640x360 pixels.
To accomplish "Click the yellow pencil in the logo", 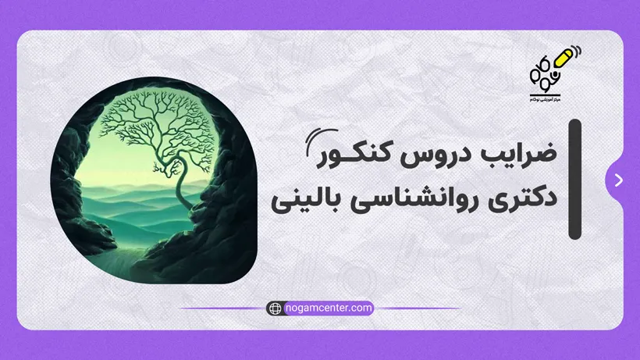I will point(560,62).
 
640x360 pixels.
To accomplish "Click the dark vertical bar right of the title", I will point(575,179).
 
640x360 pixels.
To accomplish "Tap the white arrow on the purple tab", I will point(619,180).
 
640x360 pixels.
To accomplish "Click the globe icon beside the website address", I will point(275,308).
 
